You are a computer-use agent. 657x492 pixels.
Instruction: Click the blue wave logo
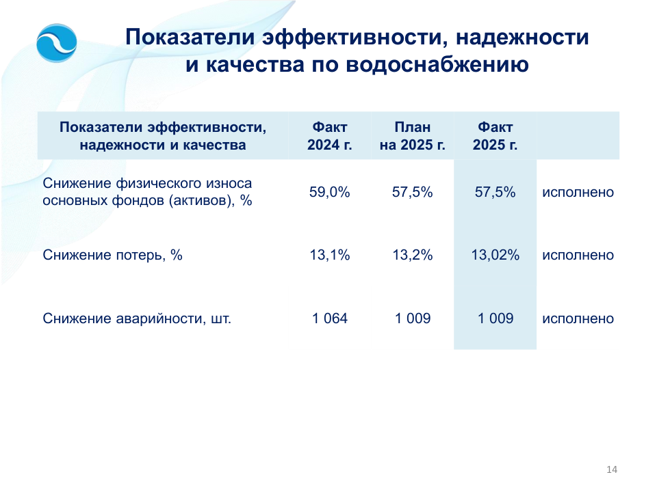click(x=57, y=42)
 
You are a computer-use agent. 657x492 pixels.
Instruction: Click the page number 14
click(x=612, y=469)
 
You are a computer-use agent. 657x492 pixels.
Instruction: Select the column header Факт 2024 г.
click(x=330, y=135)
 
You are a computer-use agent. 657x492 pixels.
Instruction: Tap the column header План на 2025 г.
click(x=412, y=135)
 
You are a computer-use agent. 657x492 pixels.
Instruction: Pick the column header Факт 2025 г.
click(x=495, y=135)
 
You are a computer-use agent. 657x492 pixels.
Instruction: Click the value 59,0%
click(x=330, y=192)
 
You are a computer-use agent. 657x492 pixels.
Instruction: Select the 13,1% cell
click(x=330, y=255)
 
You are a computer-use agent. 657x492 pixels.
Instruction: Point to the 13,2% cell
click(x=412, y=255)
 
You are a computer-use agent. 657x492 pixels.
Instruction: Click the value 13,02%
click(x=495, y=255)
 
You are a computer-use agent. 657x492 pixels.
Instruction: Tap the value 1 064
click(x=330, y=318)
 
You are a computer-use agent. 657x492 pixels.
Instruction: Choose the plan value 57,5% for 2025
click(x=412, y=192)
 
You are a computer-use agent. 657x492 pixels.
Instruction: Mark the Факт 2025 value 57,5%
click(x=495, y=192)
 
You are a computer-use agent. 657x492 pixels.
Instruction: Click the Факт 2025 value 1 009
click(x=495, y=318)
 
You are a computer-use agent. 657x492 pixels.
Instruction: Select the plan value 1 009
click(x=412, y=318)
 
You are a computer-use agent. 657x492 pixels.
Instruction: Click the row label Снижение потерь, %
click(x=112, y=255)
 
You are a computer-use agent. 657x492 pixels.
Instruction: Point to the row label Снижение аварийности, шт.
click(x=137, y=319)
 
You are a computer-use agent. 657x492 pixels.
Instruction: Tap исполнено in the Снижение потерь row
click(x=578, y=255)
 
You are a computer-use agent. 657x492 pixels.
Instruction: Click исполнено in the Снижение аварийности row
click(x=578, y=318)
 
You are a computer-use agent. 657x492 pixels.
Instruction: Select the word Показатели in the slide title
click(x=190, y=37)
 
